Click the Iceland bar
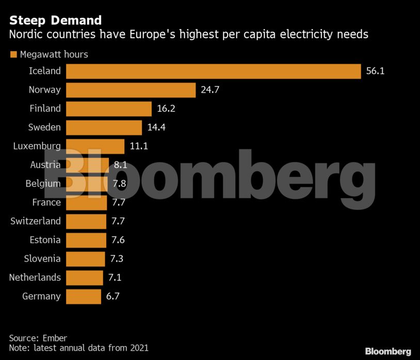(x=213, y=71)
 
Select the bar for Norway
(x=131, y=90)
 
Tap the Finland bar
(x=109, y=109)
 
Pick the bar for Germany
(x=84, y=296)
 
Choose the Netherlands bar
(x=85, y=277)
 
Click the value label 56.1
(x=375, y=71)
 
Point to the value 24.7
(x=210, y=90)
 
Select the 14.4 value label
(x=156, y=127)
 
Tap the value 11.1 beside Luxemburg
(x=139, y=146)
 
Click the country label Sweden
(x=45, y=127)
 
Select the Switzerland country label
(x=36, y=221)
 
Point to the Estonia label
(x=45, y=240)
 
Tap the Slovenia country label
(x=42, y=258)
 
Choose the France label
(x=46, y=202)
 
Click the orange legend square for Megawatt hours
(x=13, y=54)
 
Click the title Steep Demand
(x=55, y=21)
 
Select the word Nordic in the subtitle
(x=25, y=35)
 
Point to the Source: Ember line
(x=38, y=338)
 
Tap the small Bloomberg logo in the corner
(x=388, y=351)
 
